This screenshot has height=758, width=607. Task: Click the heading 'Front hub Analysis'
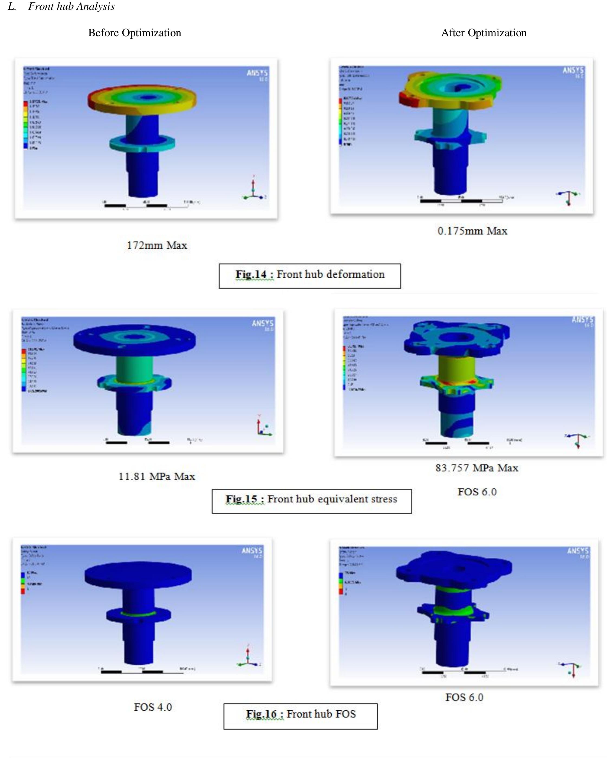coord(71,6)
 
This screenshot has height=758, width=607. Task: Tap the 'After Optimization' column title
coord(484,33)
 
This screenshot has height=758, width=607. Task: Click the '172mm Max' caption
coord(157,245)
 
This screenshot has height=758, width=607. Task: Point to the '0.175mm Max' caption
coord(472,231)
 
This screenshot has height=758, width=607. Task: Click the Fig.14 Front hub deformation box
coord(309,276)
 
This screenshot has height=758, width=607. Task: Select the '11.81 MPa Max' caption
coord(157,476)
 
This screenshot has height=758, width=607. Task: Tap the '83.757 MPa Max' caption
coord(477,468)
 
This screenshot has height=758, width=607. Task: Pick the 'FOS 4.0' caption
coord(153,707)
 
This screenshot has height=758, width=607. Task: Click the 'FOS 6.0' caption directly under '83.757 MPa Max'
coord(477,492)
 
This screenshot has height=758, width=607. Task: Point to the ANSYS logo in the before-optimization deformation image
coord(257,73)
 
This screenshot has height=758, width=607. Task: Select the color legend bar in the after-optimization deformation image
coord(340,121)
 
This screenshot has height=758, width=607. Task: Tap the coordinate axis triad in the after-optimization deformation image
coord(568,197)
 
